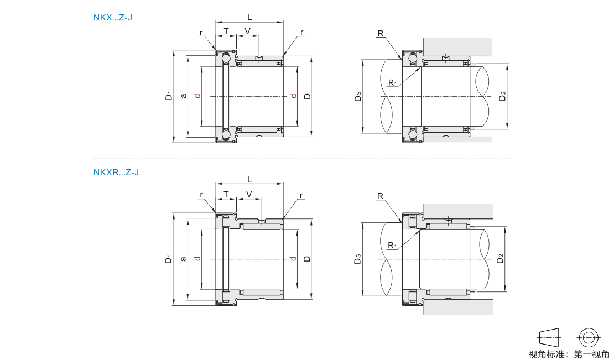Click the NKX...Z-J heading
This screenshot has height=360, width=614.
pyautogui.click(x=113, y=17)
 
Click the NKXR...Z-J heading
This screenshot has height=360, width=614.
pyautogui.click(x=116, y=172)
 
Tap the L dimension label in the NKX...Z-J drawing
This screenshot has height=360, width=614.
pyautogui.click(x=249, y=17)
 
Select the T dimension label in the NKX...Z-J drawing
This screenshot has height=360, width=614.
pyautogui.click(x=226, y=30)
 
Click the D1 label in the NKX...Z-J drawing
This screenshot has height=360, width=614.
pyautogui.click(x=169, y=96)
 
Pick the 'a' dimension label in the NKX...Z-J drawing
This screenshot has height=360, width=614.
pyautogui.click(x=183, y=96)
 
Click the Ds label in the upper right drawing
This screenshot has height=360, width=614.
pyautogui.click(x=358, y=98)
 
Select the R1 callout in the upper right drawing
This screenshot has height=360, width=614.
pyautogui.click(x=392, y=83)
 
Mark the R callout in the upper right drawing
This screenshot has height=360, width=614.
pyautogui.click(x=380, y=34)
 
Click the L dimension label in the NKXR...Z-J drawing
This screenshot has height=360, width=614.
pyautogui.click(x=249, y=179)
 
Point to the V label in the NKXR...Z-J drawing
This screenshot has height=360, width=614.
pyautogui.click(x=249, y=194)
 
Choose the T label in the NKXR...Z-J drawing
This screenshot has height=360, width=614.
pyautogui.click(x=226, y=194)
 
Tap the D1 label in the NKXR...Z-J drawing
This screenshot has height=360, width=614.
pyautogui.click(x=169, y=258)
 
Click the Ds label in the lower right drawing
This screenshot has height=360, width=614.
pyautogui.click(x=358, y=259)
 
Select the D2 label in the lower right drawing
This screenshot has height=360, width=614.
pyautogui.click(x=501, y=258)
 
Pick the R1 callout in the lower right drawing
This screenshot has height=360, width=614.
pyautogui.click(x=392, y=245)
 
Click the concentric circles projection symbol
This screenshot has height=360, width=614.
pyautogui.click(x=589, y=337)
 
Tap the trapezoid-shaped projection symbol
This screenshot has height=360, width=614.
pyautogui.click(x=548, y=337)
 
